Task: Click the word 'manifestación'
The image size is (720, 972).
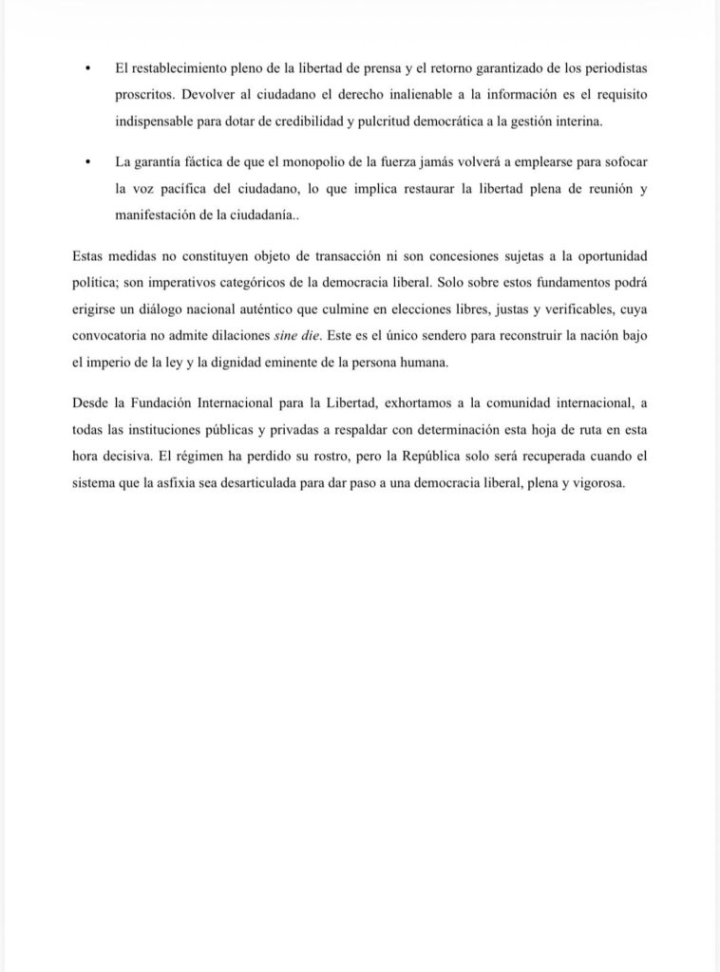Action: click(x=151, y=215)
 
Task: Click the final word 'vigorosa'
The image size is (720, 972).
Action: click(x=598, y=482)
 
